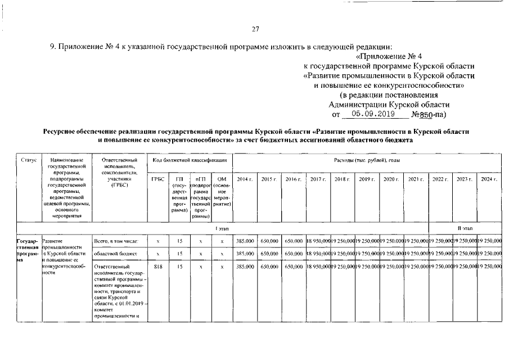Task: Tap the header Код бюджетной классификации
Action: tap(190, 160)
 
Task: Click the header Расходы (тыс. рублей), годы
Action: tap(367, 160)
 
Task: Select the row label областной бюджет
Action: tap(115, 254)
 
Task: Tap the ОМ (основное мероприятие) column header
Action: tap(222, 191)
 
